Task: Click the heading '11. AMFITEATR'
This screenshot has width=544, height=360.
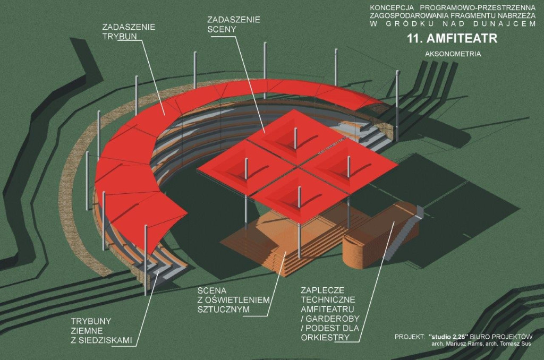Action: [453, 38]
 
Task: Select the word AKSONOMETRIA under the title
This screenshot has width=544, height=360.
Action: [453, 54]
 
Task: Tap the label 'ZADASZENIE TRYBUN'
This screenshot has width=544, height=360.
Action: [129, 31]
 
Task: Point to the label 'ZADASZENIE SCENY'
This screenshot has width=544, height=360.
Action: [234, 24]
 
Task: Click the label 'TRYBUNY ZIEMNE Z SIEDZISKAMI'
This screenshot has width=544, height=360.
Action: [101, 330]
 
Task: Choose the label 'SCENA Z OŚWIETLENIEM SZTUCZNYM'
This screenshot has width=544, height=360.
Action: [234, 300]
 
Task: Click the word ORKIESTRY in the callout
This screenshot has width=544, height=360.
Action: [325, 338]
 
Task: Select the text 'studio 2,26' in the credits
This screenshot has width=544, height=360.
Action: [448, 337]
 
